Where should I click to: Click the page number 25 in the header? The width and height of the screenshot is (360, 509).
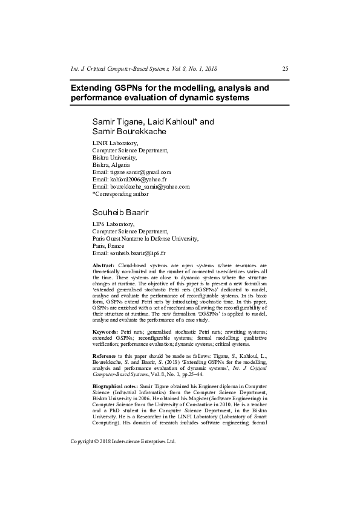tap(285, 68)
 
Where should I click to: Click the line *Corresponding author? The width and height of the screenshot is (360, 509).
tap(120, 194)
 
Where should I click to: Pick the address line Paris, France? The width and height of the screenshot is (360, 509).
tap(108, 245)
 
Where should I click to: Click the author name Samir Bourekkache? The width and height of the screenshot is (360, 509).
tap(129, 131)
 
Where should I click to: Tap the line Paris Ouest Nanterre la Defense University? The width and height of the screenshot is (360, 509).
tap(145, 238)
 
